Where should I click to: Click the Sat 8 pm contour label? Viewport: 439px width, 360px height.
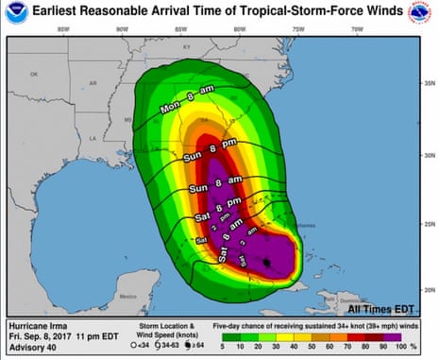[222, 207]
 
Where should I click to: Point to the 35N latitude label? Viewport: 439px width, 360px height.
[427, 82]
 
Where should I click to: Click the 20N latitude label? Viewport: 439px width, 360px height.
[427, 288]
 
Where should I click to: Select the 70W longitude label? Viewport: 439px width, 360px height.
[356, 29]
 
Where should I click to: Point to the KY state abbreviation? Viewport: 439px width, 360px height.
[186, 45]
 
